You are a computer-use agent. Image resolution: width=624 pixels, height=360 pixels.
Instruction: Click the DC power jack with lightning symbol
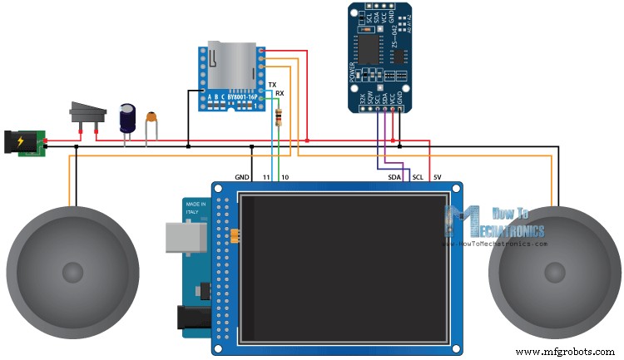[x=22, y=142]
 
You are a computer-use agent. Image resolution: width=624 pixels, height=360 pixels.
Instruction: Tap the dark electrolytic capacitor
[x=127, y=118]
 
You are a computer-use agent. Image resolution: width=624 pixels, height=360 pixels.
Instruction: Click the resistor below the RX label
[x=277, y=117]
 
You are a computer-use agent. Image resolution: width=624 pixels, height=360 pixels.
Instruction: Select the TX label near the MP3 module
[x=272, y=86]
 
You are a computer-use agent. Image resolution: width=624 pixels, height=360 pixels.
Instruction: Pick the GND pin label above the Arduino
[x=242, y=177]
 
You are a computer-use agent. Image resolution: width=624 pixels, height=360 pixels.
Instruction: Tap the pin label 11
[x=266, y=177]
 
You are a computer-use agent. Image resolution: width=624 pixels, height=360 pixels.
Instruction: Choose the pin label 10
[x=285, y=177]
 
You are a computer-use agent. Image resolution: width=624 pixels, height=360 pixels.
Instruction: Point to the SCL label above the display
[x=418, y=177]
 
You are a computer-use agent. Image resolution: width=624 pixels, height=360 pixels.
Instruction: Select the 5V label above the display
[x=438, y=177]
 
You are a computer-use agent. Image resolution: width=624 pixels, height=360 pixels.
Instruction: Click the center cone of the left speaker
[x=73, y=271]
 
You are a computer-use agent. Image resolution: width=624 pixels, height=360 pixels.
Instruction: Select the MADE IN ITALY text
[x=196, y=209]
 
